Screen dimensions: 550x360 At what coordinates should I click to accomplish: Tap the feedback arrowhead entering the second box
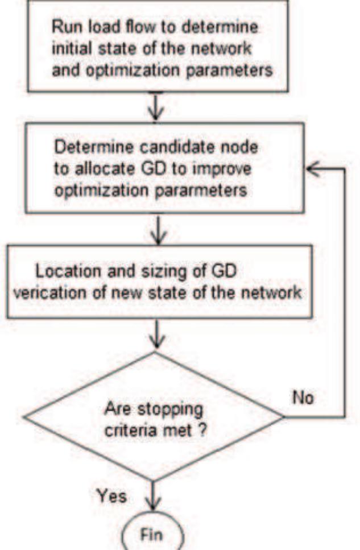point(312,169)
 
